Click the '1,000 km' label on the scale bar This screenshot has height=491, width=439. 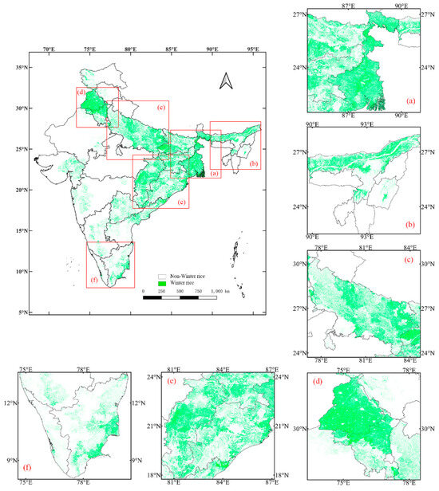click(x=223, y=293)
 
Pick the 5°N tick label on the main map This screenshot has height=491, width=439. click(x=27, y=312)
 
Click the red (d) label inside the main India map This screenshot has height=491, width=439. click(x=81, y=92)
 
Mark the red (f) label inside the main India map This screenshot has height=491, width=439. click(x=93, y=281)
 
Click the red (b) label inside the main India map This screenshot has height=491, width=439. click(x=254, y=163)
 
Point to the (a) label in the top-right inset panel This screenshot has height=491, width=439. click(x=411, y=101)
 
